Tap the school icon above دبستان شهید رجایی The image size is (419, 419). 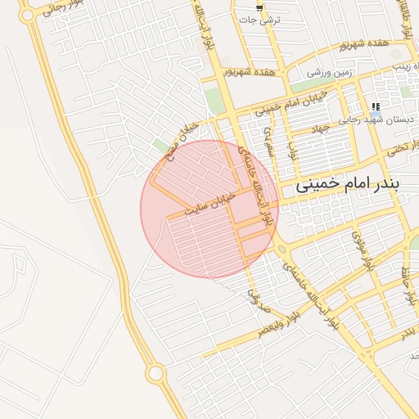coord(376,106)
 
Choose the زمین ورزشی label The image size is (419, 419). coord(331,73)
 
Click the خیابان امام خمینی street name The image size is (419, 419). coord(290,101)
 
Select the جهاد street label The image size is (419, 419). coord(320,128)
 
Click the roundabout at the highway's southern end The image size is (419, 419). coord(155,373)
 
